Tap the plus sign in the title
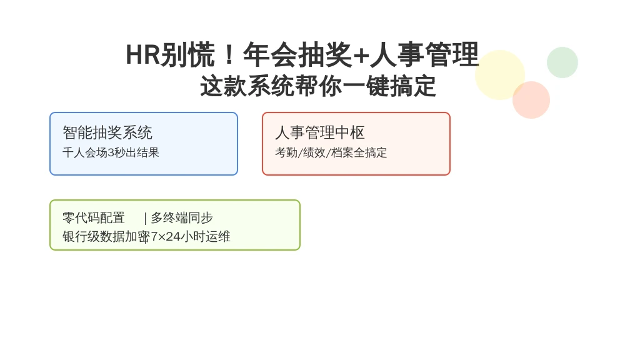click(361, 56)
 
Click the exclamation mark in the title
click(229, 55)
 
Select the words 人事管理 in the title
click(424, 55)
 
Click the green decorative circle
click(562, 62)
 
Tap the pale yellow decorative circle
click(500, 75)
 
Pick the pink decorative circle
click(531, 100)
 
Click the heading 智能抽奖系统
click(107, 132)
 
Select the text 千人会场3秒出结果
click(111, 152)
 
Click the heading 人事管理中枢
click(319, 132)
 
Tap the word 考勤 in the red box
click(286, 152)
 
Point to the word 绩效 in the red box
click(314, 152)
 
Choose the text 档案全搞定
click(359, 152)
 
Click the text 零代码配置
click(94, 217)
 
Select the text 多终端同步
click(182, 217)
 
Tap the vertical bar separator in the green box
click(145, 218)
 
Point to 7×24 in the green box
click(166, 236)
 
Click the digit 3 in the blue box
click(111, 152)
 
